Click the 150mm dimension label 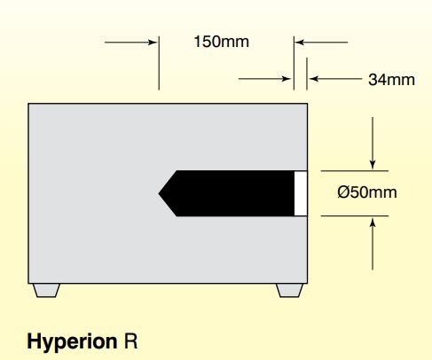coord(221,42)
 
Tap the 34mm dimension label coord(391,80)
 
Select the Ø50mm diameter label coord(367,192)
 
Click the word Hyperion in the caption coord(72,342)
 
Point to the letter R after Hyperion coord(130,341)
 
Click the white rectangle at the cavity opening coord(301,193)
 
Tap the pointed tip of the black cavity coord(159,193)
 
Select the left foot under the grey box coord(46,290)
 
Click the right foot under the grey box coord(290,290)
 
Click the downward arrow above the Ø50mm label coord(373,143)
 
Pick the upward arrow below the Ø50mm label coord(373,244)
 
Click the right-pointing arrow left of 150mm coord(130,43)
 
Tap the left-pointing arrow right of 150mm coord(321,43)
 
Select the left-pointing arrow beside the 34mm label coord(335,79)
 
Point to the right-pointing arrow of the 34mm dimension coord(265,79)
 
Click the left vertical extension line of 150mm coord(159,63)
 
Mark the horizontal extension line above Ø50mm coord(355,171)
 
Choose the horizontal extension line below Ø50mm coord(355,216)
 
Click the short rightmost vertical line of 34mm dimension coord(307,74)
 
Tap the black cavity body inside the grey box coord(231,193)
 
